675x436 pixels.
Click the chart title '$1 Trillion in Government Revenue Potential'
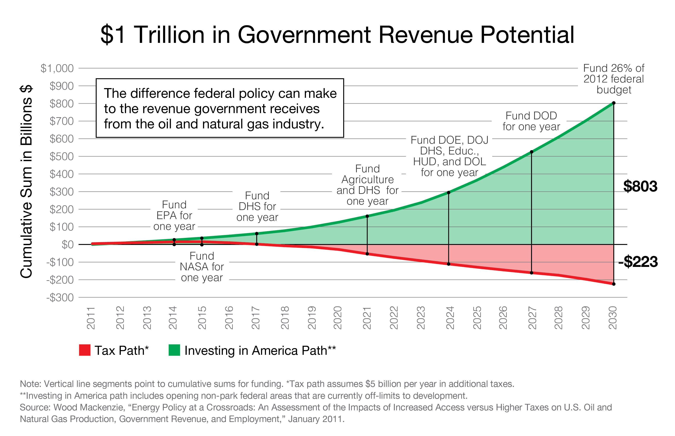pos(337,34)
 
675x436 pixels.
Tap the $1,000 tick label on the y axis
pos(57,68)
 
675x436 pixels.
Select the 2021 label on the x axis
pos(367,318)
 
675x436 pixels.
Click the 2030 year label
pos(613,318)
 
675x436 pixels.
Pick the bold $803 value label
pos(640,186)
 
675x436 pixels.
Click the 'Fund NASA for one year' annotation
pos(202,267)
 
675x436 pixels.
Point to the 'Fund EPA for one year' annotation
pos(174,215)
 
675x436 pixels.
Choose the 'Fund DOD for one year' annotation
pos(531,121)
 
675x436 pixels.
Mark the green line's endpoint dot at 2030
pos(614,103)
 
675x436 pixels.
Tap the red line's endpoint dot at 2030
pos(614,284)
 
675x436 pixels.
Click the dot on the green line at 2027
pos(532,152)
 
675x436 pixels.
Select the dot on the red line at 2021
pos(367,254)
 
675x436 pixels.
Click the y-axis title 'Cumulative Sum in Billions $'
pos(26,181)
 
